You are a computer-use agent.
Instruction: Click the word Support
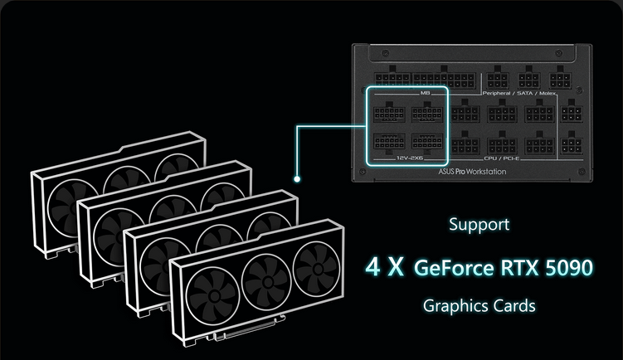(x=479, y=224)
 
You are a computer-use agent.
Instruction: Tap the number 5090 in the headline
(x=565, y=268)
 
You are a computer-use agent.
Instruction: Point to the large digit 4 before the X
(x=373, y=268)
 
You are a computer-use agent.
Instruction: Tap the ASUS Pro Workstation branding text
(x=472, y=172)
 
